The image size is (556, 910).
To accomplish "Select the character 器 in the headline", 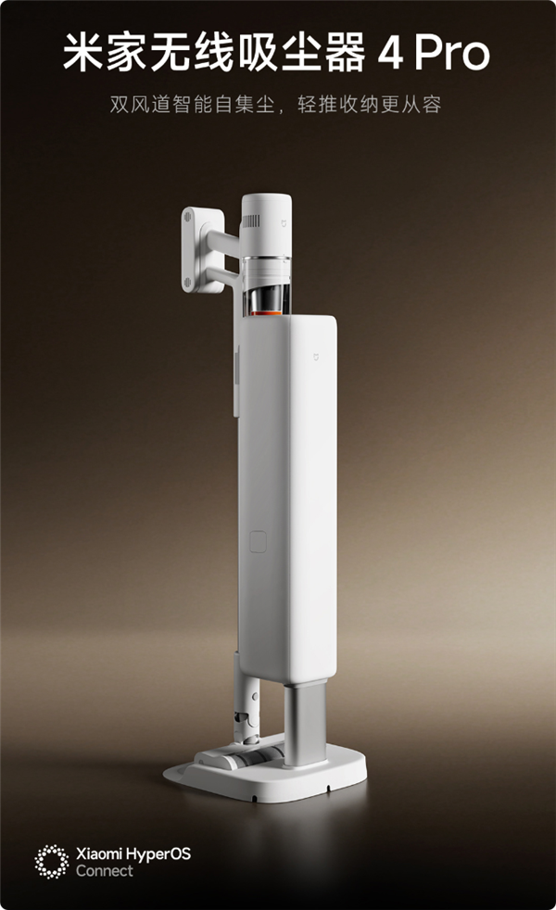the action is pyautogui.click(x=346, y=53).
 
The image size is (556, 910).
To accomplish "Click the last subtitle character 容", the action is pyautogui.click(x=432, y=105).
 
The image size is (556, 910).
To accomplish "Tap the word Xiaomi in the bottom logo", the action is pyautogui.click(x=99, y=853).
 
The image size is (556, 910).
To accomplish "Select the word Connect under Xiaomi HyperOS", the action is pyautogui.click(x=105, y=870).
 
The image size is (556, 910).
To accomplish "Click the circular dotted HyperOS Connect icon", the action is pyautogui.click(x=52, y=862).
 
